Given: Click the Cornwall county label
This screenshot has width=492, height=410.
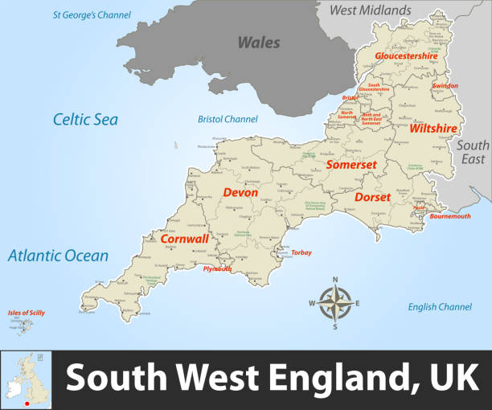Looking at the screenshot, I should pyautogui.click(x=184, y=239).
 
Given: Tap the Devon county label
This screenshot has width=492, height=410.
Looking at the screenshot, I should pyautogui.click(x=240, y=192).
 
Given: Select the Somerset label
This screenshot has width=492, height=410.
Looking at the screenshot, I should pyautogui.click(x=351, y=164).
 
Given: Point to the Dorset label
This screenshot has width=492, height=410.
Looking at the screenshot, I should pyautogui.click(x=372, y=197).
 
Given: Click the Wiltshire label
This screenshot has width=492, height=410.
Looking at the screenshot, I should pyautogui.click(x=433, y=128).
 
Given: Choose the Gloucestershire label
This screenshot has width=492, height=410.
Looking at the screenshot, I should pyautogui.click(x=406, y=56).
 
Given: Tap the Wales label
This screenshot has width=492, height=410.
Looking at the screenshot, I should pyautogui.click(x=258, y=43).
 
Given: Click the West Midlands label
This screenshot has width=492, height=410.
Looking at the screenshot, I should pyautogui.click(x=370, y=10).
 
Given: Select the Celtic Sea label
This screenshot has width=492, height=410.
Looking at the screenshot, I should pyautogui.click(x=85, y=120).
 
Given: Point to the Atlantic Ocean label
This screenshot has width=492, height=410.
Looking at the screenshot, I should pyautogui.click(x=58, y=256).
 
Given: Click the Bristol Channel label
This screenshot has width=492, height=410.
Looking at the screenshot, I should pyautogui.click(x=228, y=120).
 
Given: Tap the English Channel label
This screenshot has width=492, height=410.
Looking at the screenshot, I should pyautogui.click(x=440, y=307).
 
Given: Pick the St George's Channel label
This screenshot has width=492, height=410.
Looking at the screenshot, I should pyautogui.click(x=92, y=14).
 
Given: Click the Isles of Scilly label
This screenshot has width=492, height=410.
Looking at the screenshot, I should pyautogui.click(x=27, y=312).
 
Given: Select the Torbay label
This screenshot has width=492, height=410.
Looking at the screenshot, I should pyautogui.click(x=301, y=252).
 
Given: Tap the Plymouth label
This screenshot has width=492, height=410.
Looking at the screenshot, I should pyautogui.click(x=217, y=269).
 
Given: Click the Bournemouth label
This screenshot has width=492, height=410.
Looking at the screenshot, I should pyautogui.click(x=450, y=216).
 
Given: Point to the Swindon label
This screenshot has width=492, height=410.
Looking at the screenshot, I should pyautogui.click(x=445, y=85).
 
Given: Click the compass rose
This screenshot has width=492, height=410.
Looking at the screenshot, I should pyautogui.click(x=336, y=303).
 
